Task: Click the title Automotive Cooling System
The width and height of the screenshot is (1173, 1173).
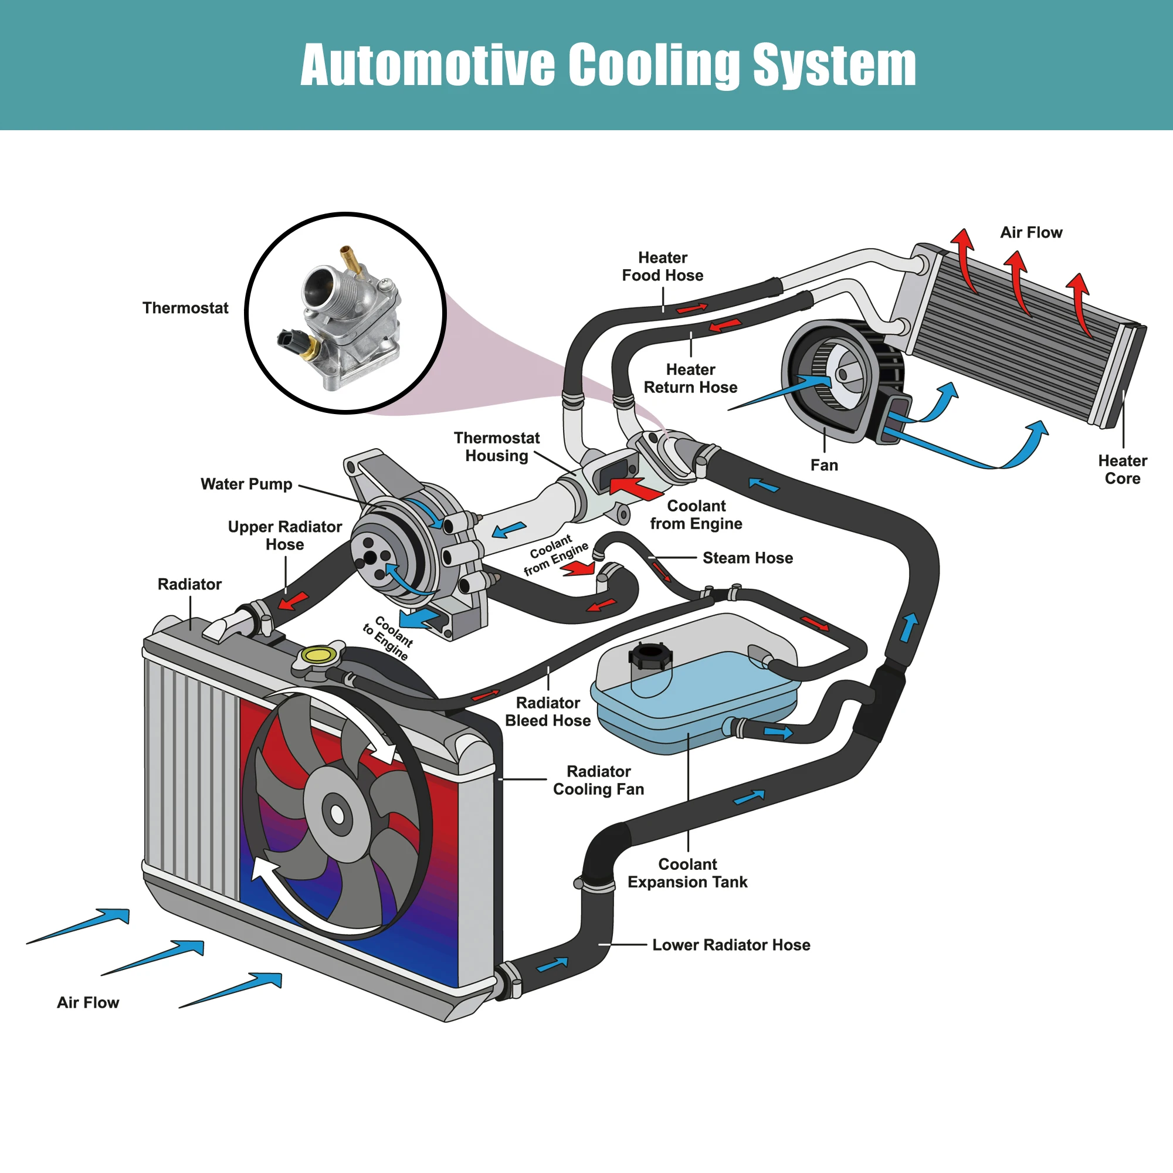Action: click(608, 65)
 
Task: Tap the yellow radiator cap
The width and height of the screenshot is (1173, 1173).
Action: click(318, 655)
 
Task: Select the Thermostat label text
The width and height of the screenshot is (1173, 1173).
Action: click(185, 308)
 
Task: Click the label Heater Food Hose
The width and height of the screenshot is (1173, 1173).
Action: click(662, 266)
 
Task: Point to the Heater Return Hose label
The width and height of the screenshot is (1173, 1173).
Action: click(690, 378)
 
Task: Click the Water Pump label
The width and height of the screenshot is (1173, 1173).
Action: click(246, 484)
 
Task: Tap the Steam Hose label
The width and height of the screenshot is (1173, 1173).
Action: click(747, 558)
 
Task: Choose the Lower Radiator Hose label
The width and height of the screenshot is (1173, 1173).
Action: click(731, 945)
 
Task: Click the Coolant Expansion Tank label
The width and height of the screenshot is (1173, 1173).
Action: click(687, 873)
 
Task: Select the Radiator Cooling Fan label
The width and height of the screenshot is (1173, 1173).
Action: click(598, 780)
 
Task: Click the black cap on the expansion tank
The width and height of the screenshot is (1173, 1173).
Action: click(650, 656)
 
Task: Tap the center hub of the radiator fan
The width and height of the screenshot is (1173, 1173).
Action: click(337, 815)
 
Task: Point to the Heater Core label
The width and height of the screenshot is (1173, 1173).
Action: click(1122, 469)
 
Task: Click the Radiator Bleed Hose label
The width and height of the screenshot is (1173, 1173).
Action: click(548, 711)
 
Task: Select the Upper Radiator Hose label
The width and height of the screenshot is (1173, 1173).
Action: click(285, 535)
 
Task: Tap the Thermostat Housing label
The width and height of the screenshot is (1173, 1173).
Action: click(497, 447)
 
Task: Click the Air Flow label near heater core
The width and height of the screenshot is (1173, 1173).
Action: click(1031, 232)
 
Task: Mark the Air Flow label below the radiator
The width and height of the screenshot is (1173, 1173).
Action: click(88, 1002)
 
